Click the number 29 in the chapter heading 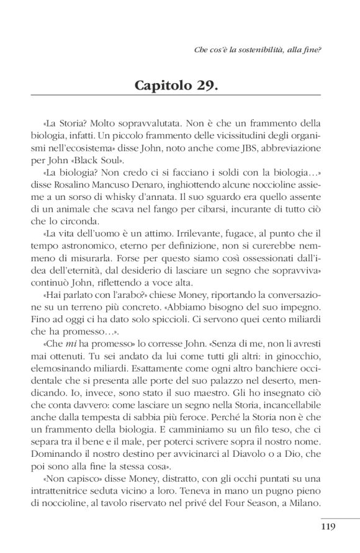207,84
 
